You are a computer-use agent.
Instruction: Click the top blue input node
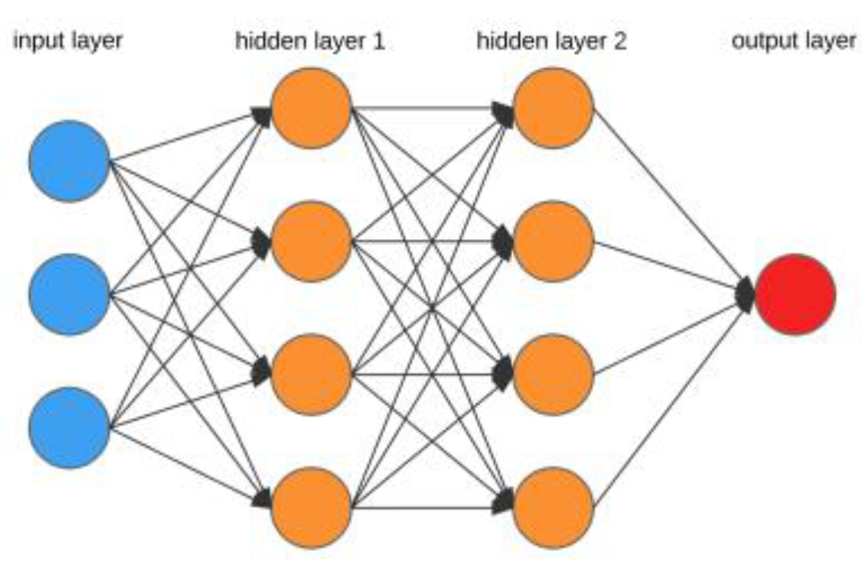click(69, 161)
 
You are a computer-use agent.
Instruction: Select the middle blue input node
click(69, 295)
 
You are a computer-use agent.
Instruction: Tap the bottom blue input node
click(69, 428)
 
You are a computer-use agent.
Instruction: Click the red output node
click(795, 295)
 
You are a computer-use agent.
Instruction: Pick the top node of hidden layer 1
click(311, 108)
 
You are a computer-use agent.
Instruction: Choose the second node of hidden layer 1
click(311, 241)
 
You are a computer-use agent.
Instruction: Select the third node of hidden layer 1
click(311, 374)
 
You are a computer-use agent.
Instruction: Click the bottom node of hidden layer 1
click(311, 507)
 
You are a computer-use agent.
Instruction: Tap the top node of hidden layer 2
click(553, 108)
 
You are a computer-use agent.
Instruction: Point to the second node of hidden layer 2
click(553, 241)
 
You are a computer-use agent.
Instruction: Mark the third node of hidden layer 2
click(553, 374)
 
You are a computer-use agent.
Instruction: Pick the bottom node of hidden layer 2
click(553, 507)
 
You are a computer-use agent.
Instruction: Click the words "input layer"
click(68, 41)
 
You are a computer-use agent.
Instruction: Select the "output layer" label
click(794, 41)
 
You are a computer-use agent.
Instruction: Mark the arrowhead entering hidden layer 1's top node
click(262, 115)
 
